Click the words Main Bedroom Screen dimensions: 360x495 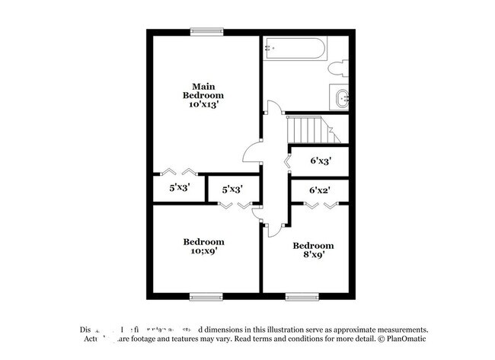tap(203, 91)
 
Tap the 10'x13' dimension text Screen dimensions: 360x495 tap(203, 105)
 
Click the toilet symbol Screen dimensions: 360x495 tap(338, 68)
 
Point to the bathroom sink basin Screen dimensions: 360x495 tap(340, 97)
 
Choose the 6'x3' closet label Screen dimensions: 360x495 tap(319, 161)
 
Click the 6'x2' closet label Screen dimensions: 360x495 tap(319, 190)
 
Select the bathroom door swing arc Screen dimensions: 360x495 tap(271, 111)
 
